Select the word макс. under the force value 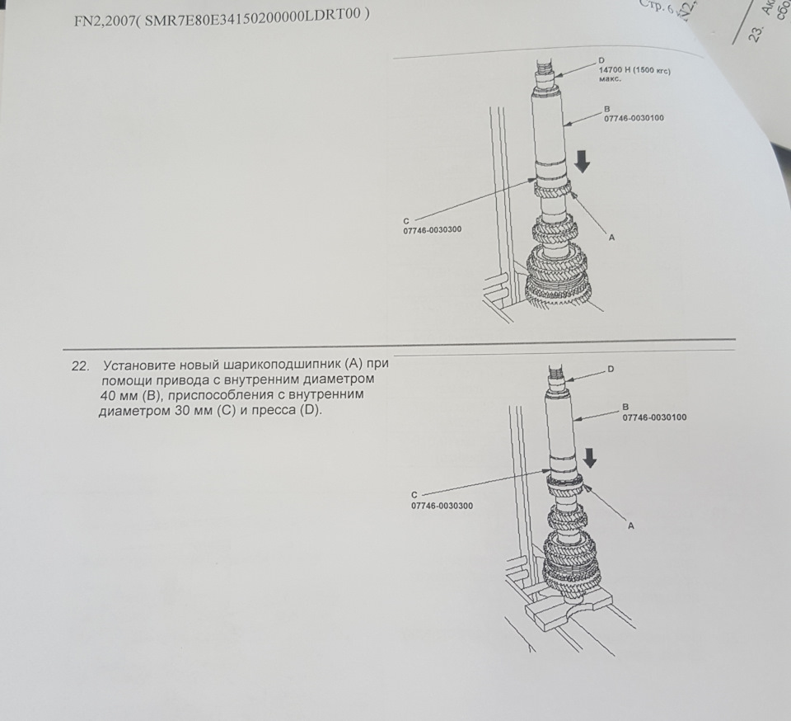[610, 81]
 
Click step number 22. [81, 364]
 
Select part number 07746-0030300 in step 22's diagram [442, 506]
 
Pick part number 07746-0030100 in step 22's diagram [654, 417]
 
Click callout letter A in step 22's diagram [630, 525]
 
